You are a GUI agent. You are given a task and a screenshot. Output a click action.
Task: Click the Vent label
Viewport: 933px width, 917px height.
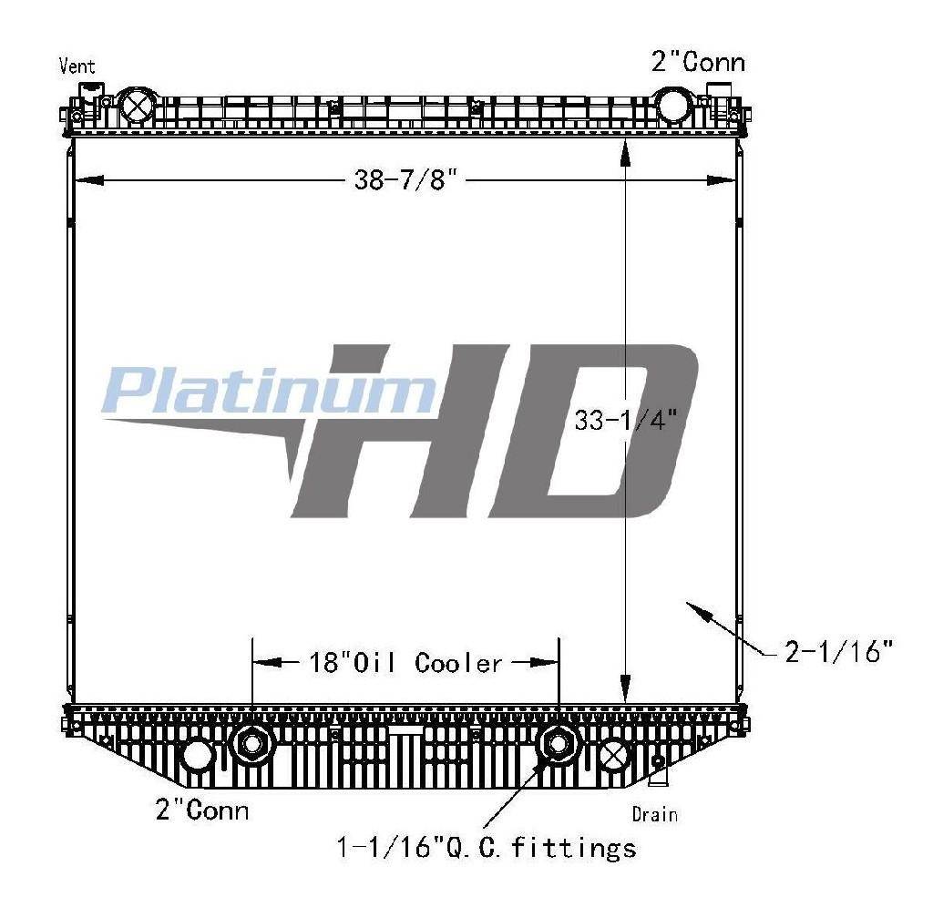click(x=77, y=66)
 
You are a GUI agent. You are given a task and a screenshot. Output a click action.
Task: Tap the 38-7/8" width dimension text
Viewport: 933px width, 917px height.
click(x=408, y=179)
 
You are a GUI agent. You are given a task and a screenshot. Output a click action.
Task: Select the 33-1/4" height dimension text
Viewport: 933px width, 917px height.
click(x=626, y=421)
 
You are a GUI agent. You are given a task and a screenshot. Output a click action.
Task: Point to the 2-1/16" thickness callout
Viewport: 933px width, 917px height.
click(x=839, y=652)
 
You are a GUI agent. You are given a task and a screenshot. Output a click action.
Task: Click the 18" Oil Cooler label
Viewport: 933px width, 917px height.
click(x=405, y=662)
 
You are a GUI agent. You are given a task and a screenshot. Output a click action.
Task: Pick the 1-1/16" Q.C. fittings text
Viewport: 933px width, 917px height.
click(x=487, y=847)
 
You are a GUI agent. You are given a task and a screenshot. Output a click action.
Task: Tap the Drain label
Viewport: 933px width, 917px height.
click(x=654, y=814)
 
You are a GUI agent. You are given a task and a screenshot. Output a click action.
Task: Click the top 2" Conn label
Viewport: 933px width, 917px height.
click(x=698, y=62)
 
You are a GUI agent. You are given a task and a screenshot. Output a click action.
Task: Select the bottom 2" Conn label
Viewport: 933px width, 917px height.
click(x=201, y=810)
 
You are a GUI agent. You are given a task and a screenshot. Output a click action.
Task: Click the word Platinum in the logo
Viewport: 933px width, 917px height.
click(x=269, y=390)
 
